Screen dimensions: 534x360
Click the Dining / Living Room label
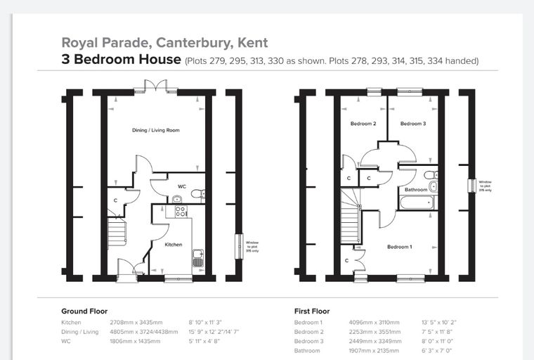point(156,130)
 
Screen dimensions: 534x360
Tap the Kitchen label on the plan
point(174,245)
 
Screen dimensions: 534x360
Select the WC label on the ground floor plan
point(182,186)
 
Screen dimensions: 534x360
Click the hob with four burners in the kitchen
point(181,212)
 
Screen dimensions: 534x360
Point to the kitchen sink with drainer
point(198,258)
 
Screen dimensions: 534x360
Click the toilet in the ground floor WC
point(198,194)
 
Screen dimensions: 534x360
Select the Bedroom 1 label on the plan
point(400,247)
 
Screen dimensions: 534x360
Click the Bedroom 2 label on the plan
point(363,124)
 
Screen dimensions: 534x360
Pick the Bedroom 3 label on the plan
point(413,124)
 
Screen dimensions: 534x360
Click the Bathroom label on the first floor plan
point(416,190)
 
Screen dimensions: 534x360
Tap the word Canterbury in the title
point(195,43)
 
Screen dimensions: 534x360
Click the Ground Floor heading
point(84,311)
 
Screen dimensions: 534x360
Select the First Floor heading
point(312,311)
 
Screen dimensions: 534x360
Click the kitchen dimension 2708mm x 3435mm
point(136,322)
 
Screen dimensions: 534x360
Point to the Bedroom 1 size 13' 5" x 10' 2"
point(439,322)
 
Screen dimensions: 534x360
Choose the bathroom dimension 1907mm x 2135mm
point(374,350)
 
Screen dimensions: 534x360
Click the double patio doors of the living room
point(156,85)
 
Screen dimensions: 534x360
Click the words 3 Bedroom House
point(122,59)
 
